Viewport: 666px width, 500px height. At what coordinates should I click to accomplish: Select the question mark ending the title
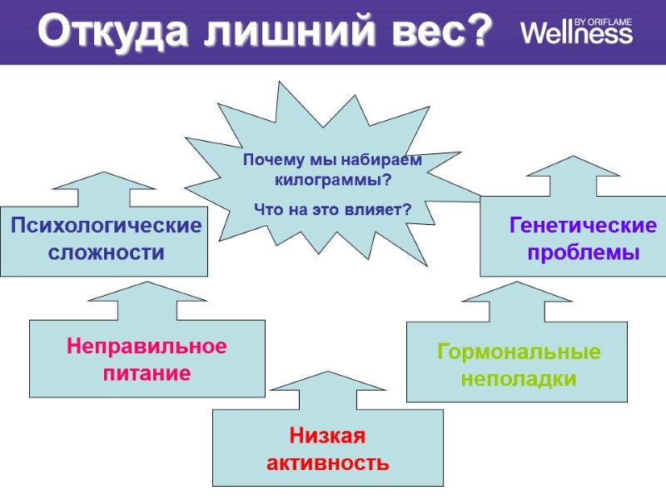pos(476,32)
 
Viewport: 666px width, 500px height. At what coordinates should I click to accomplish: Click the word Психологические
pos(106,226)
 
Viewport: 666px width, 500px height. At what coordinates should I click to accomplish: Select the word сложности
pos(106,252)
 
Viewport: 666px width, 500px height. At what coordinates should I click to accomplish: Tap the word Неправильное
pos(147,346)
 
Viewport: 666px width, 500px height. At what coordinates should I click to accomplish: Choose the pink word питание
pos(147,373)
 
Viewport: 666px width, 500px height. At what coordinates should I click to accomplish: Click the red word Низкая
pos(327,435)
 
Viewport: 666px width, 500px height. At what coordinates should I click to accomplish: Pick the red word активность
pos(327,462)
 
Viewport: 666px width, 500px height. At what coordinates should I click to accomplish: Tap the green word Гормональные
pos(519,352)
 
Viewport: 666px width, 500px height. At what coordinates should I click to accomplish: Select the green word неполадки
pos(519,379)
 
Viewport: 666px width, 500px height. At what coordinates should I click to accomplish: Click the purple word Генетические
pos(583,226)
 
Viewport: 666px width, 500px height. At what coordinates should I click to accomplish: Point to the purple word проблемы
pos(583,252)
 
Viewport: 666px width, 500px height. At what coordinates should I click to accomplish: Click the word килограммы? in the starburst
pos(332,179)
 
